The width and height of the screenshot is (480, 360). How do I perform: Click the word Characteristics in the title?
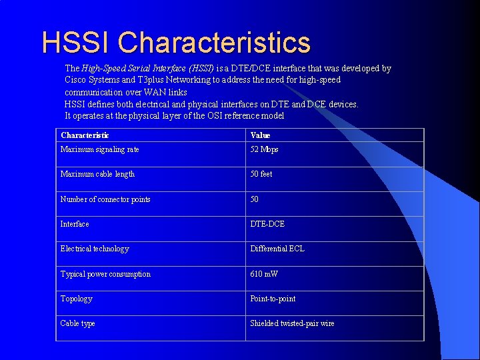pos(214,42)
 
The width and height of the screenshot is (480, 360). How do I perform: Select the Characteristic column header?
pos(85,135)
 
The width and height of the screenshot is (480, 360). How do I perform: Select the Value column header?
pos(260,135)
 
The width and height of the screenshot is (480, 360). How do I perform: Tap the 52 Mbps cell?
pos(264,149)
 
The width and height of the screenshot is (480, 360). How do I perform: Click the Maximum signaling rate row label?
pos(100,149)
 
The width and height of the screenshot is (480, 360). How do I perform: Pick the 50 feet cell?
pos(261,174)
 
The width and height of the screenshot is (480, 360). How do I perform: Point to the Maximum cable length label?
pos(97,174)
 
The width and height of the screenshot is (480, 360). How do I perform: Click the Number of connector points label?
pos(105,199)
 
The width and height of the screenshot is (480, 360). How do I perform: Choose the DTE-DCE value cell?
pos(267,224)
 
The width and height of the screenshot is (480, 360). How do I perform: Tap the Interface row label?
pos(75,224)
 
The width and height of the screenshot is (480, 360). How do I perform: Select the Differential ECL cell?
pos(277,249)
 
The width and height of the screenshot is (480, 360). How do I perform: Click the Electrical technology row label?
pos(95,249)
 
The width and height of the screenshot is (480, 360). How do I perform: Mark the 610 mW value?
pos(264,274)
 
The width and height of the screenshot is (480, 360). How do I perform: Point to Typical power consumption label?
pos(105,274)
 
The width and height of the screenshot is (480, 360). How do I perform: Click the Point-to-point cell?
pos(273,299)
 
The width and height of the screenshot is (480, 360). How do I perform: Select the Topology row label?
pos(77,299)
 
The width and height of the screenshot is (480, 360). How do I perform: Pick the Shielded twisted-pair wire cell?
pos(292,323)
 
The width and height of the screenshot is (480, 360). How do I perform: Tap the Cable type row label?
pos(78,323)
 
